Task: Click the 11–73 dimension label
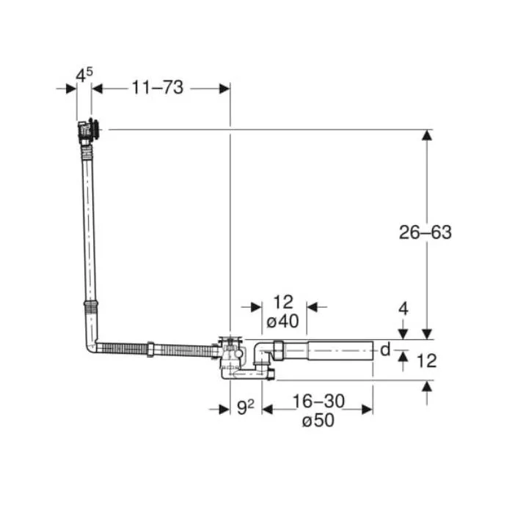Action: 158,88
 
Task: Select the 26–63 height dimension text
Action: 425,232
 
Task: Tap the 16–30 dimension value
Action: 318,401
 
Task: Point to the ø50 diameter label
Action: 318,420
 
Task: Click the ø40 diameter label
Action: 282,321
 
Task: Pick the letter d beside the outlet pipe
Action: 385,350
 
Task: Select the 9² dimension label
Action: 245,407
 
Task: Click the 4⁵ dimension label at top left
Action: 84,75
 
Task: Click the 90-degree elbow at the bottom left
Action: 91,346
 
